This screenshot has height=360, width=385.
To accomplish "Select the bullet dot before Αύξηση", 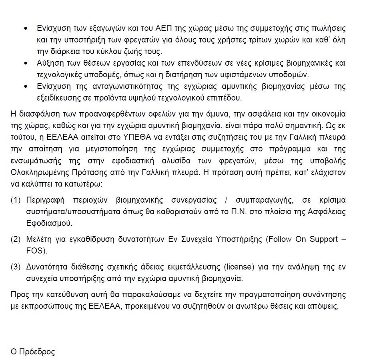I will pyautogui.click(x=26, y=64).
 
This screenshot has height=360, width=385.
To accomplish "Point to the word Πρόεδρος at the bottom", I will pyautogui.click(x=37, y=352).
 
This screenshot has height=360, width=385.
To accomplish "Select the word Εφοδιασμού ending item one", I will pyautogui.click(x=49, y=223).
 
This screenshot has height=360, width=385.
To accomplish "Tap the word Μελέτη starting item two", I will pyautogui.click(x=38, y=240).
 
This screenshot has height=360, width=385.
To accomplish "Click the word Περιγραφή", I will pyautogui.click(x=45, y=200).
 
